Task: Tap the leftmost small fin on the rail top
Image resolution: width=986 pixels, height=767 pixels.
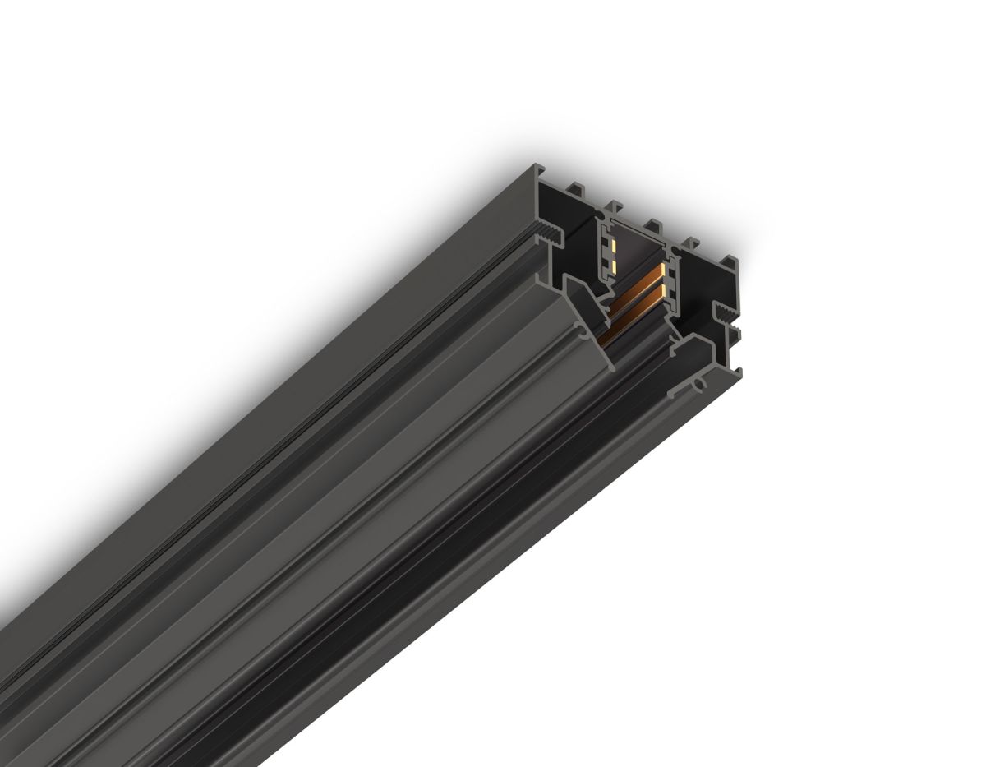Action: (575, 187)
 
